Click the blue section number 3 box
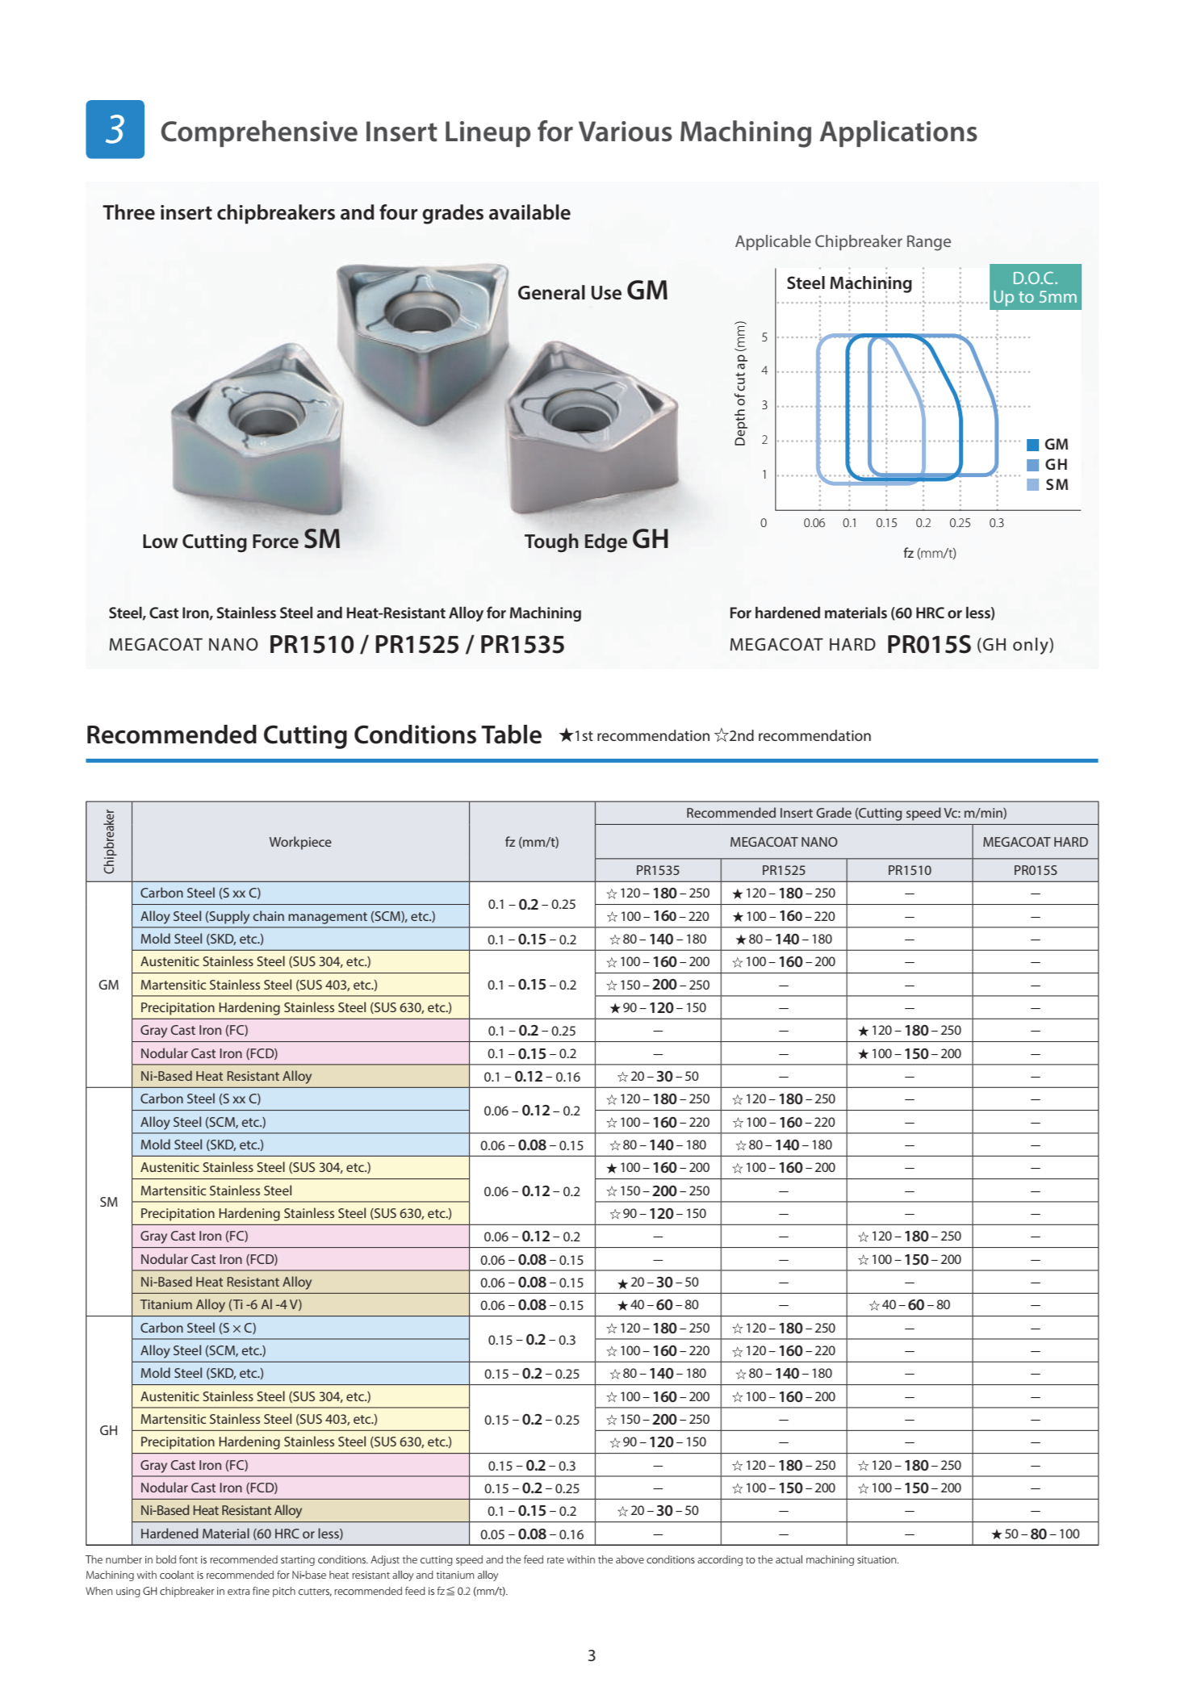pos(115,129)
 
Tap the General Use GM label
pos(592,291)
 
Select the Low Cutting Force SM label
pos(241,540)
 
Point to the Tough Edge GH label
pos(596,540)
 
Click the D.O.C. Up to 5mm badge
pos(1035,287)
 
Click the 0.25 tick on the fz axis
pos(960,523)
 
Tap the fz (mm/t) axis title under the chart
pos(929,553)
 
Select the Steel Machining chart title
pos(849,283)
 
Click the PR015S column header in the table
pos(1035,870)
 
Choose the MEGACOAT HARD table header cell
pos(1035,842)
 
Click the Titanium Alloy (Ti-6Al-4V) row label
pos(220,1304)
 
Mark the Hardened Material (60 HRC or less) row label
pos(241,1534)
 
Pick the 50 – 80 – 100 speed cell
pos(1035,1534)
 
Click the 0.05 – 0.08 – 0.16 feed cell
pos(532,1534)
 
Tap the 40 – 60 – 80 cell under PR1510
pos(910,1304)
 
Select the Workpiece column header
pos(300,842)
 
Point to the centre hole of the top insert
pos(421,310)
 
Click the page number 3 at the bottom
pos(592,1655)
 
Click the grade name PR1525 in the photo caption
pos(416,644)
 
